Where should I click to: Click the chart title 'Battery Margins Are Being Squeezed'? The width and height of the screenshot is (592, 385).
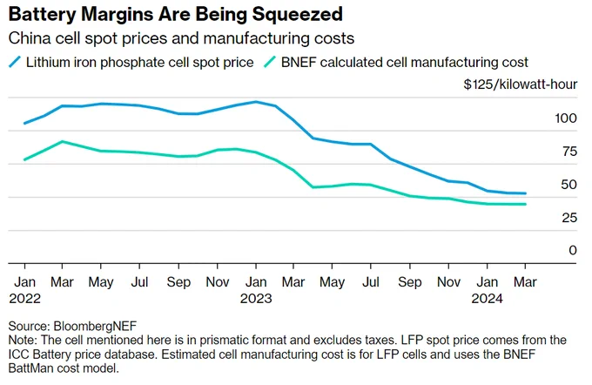point(176,14)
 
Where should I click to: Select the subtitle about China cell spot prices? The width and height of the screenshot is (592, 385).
point(181,38)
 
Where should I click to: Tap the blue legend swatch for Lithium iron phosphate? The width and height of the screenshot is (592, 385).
point(15,62)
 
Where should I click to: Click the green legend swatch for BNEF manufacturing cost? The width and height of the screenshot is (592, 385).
point(270,62)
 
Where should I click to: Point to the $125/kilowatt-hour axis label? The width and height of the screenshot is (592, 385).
point(521,84)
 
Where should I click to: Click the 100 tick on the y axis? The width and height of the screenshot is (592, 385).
point(566,118)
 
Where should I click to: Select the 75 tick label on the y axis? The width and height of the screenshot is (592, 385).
point(569,152)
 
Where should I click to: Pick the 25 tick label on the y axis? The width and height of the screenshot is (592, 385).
point(569,218)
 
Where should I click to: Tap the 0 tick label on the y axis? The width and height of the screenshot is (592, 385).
point(573,250)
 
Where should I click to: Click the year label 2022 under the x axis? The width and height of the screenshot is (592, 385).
point(24,299)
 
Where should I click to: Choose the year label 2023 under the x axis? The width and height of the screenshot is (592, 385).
point(256,299)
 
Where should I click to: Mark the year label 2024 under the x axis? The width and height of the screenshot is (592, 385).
point(487,299)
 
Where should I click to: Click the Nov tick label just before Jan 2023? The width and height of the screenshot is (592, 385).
point(218,282)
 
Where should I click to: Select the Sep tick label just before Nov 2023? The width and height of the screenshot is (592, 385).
point(410,282)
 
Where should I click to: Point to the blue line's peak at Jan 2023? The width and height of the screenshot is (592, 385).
point(256,102)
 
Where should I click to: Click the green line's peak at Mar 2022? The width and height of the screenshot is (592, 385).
point(63,142)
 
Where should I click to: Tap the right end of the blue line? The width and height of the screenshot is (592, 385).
point(525,193)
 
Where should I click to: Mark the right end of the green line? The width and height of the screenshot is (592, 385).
point(525,205)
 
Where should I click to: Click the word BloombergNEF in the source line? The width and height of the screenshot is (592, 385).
point(95,326)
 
